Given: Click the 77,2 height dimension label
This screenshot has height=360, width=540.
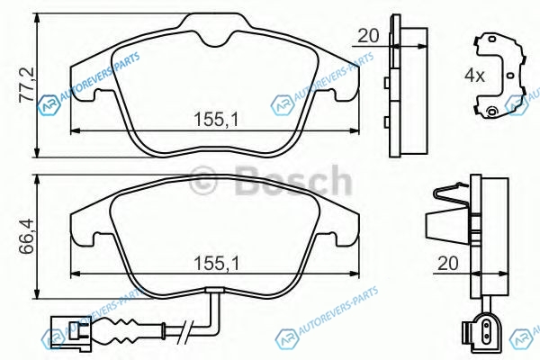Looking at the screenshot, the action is tap(26, 85).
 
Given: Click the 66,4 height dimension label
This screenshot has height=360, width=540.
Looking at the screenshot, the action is tap(26, 236).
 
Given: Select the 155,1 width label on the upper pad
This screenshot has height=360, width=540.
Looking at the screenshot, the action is tap(216, 120).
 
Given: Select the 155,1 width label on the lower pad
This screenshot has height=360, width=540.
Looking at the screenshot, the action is tap(216, 264).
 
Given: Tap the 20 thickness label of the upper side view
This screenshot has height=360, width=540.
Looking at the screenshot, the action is tap(368, 35).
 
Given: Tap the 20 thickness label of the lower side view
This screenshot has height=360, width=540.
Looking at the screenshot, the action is tap(448, 263).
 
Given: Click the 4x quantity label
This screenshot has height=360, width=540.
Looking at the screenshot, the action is tap(474, 75).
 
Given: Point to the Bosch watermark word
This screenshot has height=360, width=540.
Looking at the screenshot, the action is tap(292, 180).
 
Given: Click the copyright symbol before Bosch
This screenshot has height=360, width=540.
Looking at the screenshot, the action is tap(203, 180).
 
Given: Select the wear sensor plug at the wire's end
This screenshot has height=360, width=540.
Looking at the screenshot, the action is tap(71, 329).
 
